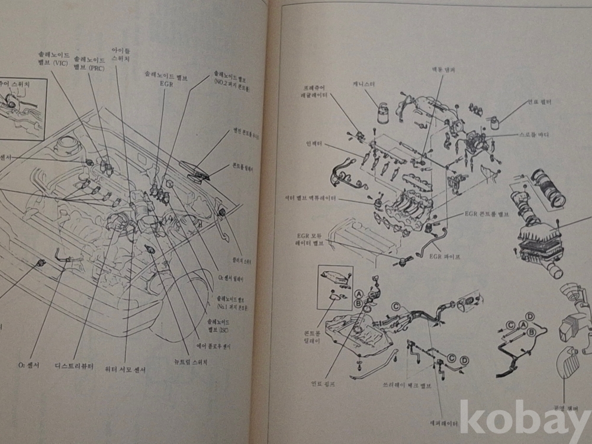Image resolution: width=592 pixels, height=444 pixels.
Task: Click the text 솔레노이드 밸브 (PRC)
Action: tap(89, 62)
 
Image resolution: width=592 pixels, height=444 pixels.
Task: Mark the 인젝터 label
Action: tap(313, 143)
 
